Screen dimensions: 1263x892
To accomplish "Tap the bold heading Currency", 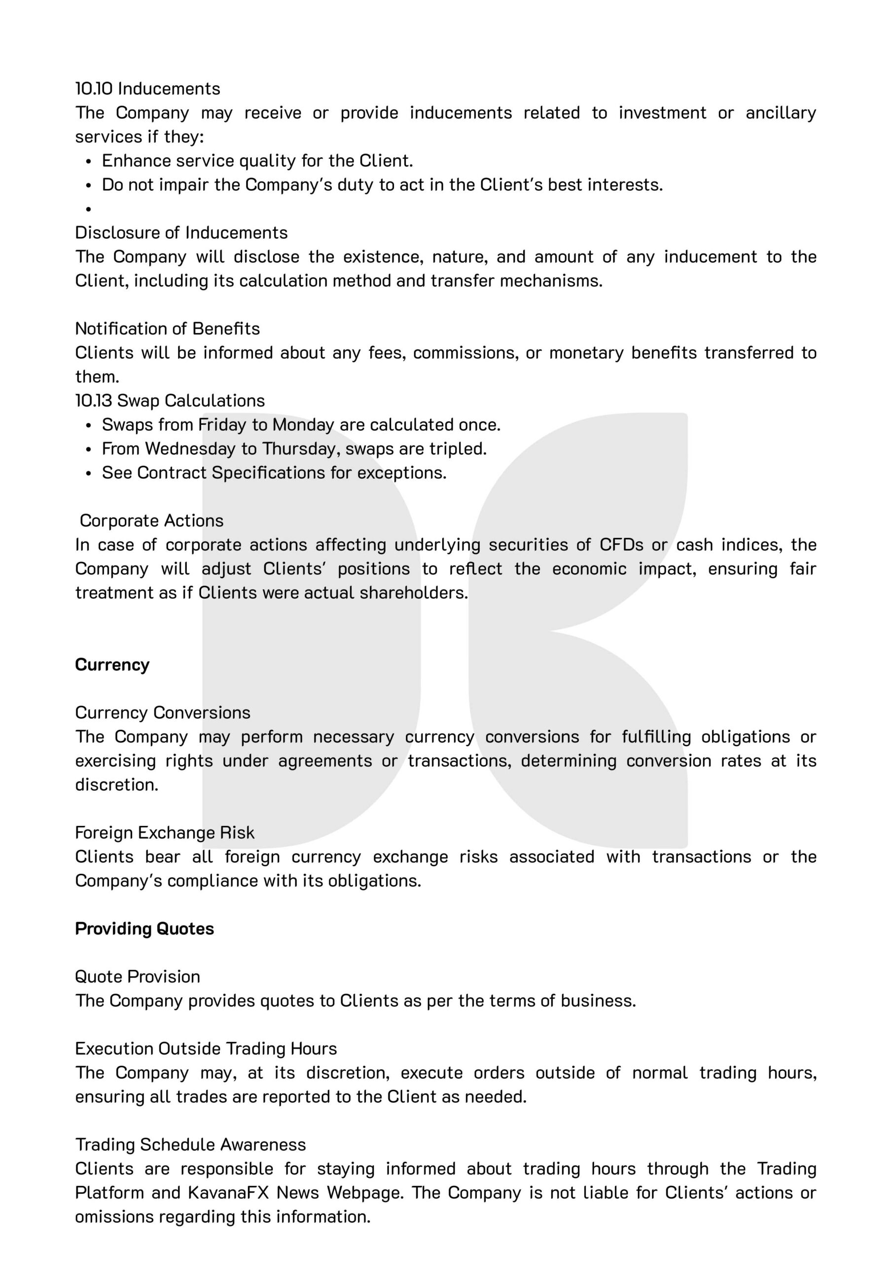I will [112, 665].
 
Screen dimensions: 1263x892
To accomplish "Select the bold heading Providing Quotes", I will [144, 929].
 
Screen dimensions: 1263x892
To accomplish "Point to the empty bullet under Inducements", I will [88, 209].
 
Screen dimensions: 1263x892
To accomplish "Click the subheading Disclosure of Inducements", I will [181, 233].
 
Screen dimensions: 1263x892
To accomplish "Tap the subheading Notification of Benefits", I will [167, 329].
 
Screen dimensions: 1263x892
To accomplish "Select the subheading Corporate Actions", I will [151, 520].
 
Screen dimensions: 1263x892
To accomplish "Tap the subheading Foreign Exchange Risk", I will [164, 832].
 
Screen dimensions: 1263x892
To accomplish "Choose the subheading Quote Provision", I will [138, 976].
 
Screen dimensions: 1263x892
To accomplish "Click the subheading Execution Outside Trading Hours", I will [206, 1048].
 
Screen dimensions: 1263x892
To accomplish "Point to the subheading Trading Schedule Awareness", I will [190, 1144].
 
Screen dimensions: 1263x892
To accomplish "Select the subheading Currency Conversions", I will [162, 712].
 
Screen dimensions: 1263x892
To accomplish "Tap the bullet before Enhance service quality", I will [88, 161].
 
